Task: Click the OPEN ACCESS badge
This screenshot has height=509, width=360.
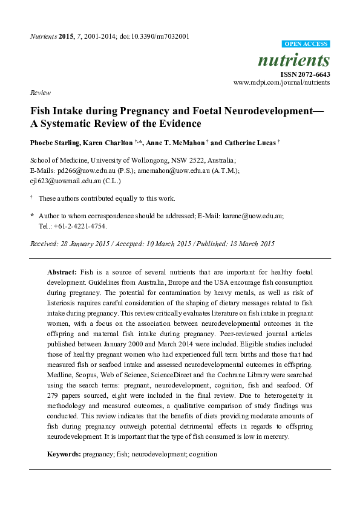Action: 306,44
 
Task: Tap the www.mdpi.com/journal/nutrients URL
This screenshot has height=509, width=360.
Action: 281,82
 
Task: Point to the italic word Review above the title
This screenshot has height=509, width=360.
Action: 40,92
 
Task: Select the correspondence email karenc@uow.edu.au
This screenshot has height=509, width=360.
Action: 254,215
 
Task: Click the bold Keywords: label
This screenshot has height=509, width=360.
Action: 64,453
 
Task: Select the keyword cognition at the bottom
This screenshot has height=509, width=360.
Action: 201,453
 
